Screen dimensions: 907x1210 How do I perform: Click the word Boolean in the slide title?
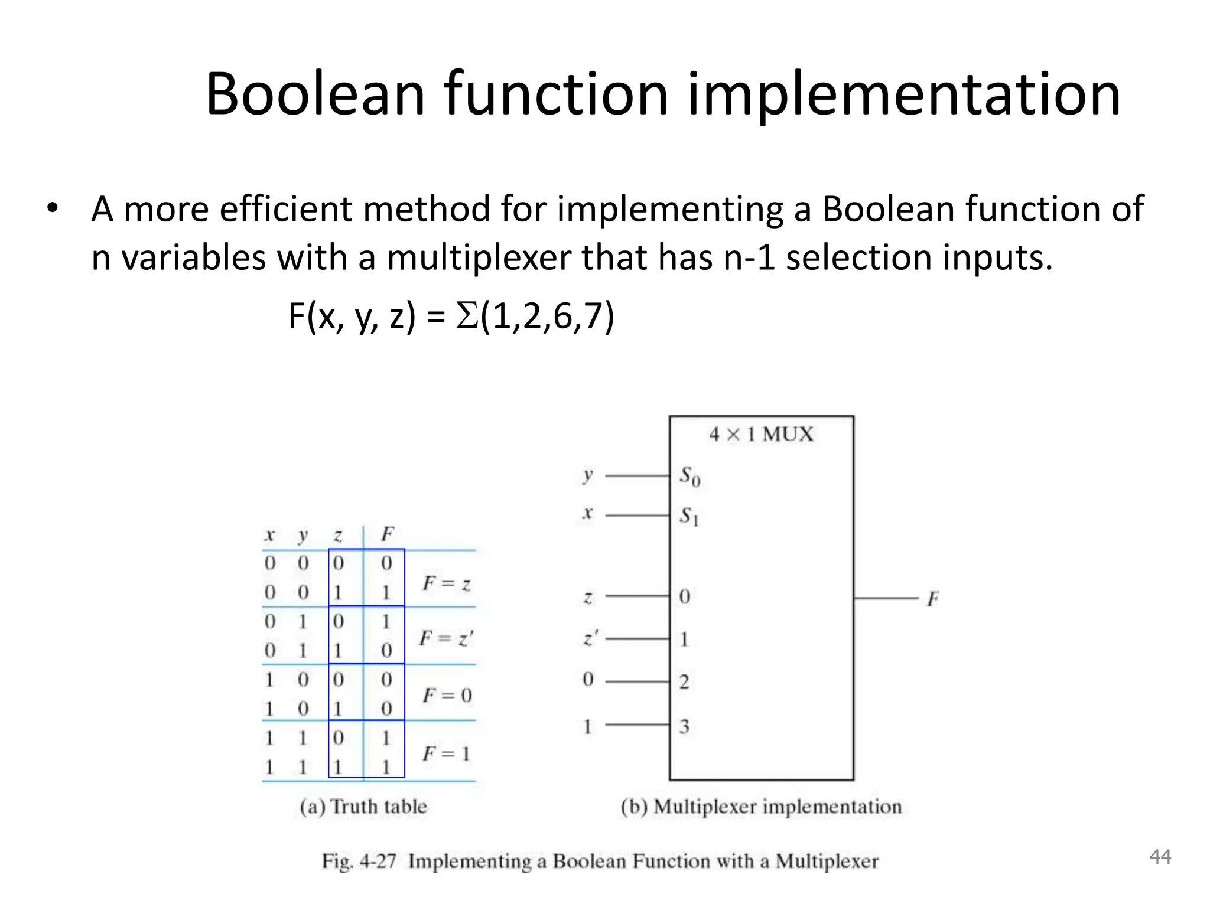tap(315, 94)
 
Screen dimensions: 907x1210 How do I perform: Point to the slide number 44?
tap(1160, 857)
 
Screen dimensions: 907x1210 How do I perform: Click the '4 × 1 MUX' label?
tap(761, 435)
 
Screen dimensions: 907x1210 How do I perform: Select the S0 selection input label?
tap(689, 476)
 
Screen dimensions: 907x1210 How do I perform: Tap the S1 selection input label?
tap(688, 516)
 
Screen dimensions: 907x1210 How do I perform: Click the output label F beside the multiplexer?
tap(932, 599)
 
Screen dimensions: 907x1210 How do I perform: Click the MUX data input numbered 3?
tap(684, 726)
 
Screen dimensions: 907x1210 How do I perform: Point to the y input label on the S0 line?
tap(587, 475)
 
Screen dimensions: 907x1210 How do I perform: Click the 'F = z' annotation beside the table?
tap(446, 584)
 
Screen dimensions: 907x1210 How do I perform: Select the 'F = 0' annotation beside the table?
tap(447, 695)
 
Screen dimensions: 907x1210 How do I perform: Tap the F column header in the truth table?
tap(387, 534)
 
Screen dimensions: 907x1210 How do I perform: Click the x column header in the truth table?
tap(269, 535)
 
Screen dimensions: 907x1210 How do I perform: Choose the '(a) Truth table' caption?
tap(363, 807)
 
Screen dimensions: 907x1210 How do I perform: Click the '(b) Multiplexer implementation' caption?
tap(761, 807)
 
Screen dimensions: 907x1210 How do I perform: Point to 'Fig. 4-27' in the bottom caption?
tap(359, 861)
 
